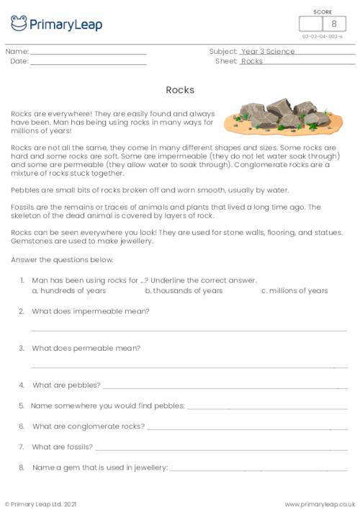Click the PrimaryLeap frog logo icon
19,23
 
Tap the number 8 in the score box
333,24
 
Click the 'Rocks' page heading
180,90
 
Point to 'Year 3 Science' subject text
268,52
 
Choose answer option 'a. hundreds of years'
69,291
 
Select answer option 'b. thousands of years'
184,291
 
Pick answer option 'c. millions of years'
294,291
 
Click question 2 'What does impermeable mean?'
90,311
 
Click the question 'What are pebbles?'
66,385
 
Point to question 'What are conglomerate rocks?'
88,426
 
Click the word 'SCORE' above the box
323,11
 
